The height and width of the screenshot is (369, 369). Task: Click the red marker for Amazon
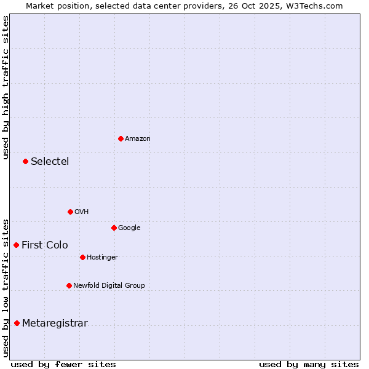[x=121, y=138]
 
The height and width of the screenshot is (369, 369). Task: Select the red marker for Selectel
[x=25, y=161]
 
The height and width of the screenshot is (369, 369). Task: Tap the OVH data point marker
[x=70, y=212]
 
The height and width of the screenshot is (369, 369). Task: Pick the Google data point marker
[x=114, y=228]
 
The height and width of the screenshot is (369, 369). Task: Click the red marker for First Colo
[x=16, y=245]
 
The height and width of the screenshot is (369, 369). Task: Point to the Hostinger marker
[x=82, y=257]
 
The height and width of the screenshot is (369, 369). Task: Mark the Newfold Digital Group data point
[x=69, y=285]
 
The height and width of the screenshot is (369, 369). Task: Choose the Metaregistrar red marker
[x=17, y=323]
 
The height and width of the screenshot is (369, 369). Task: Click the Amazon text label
[x=138, y=138]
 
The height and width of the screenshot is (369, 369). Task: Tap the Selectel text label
[x=50, y=161]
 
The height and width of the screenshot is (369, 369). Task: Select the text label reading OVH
[x=82, y=212]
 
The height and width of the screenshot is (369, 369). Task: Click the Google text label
[x=129, y=228]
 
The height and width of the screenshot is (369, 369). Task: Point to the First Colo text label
[x=45, y=245]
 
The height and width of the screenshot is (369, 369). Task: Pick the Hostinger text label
[x=102, y=257]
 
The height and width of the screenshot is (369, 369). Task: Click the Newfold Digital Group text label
[x=109, y=285]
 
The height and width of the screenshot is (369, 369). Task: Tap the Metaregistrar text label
[x=55, y=323]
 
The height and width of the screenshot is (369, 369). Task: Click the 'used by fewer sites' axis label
[x=63, y=364]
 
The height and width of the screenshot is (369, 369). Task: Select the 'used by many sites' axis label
[x=309, y=364]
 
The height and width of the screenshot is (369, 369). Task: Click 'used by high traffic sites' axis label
[x=6, y=88]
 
